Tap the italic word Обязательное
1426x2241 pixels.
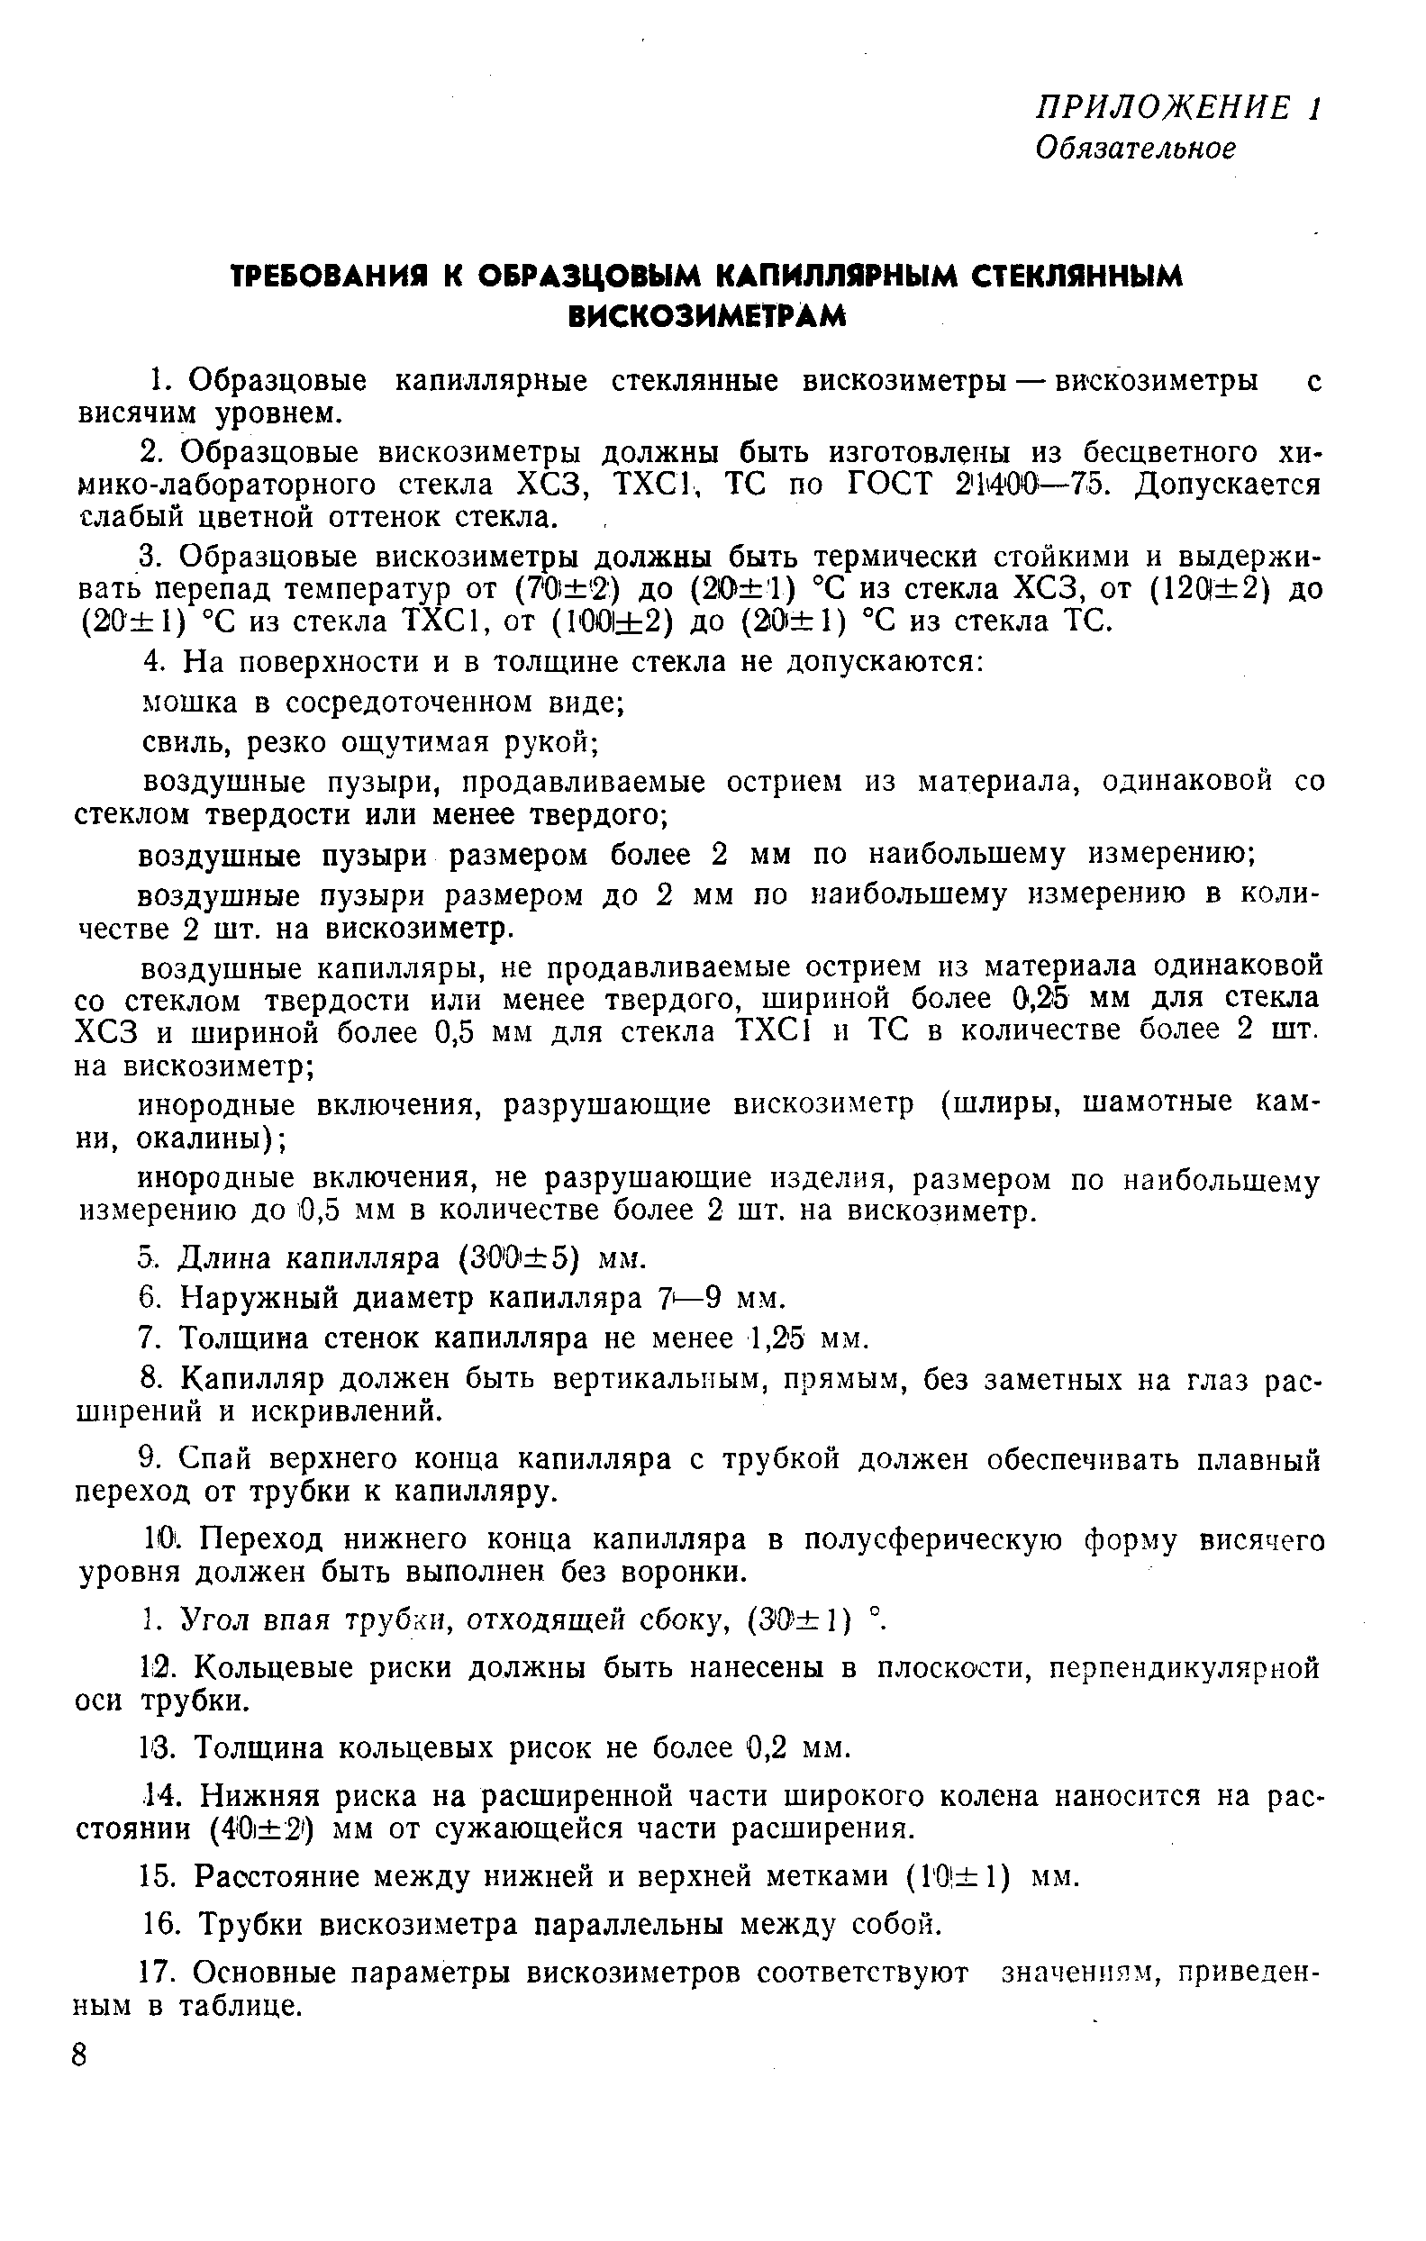[x=1136, y=148]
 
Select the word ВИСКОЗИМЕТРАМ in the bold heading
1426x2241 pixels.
[x=707, y=316]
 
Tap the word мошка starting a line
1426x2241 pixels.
[x=181, y=702]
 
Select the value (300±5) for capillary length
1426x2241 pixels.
[x=520, y=1258]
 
